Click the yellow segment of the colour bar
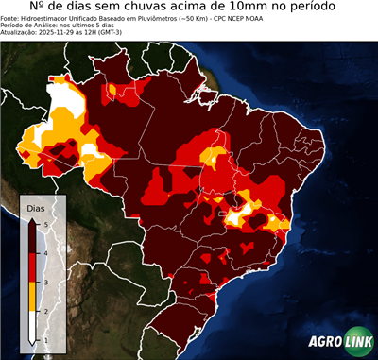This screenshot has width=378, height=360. (33, 297)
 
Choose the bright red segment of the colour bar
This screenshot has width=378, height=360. (33, 267)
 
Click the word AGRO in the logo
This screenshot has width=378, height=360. (325, 342)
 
